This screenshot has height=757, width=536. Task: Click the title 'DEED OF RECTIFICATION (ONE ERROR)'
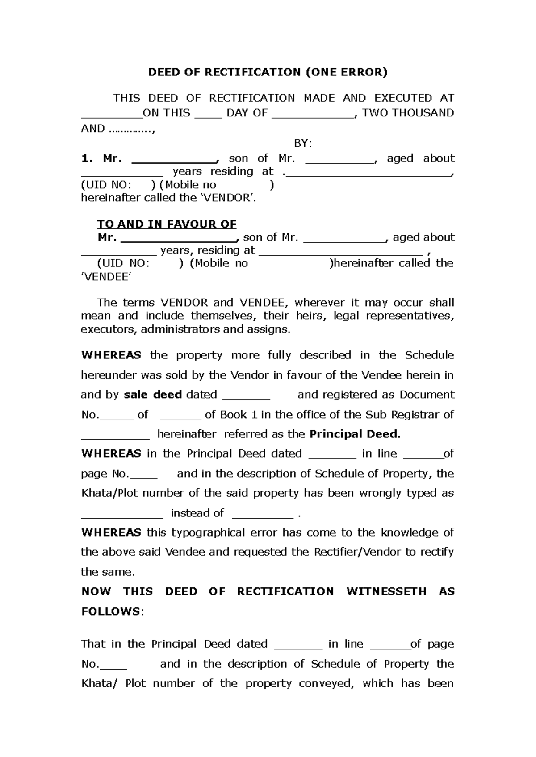point(268,72)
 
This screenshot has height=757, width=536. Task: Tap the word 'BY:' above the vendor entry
point(303,144)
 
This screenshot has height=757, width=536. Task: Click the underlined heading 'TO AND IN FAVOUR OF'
point(167,224)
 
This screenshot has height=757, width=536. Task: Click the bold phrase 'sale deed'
point(153,395)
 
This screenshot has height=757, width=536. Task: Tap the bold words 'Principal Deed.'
point(355,434)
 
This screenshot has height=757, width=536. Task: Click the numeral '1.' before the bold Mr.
point(86,158)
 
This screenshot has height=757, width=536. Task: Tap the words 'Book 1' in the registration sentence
point(239,415)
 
